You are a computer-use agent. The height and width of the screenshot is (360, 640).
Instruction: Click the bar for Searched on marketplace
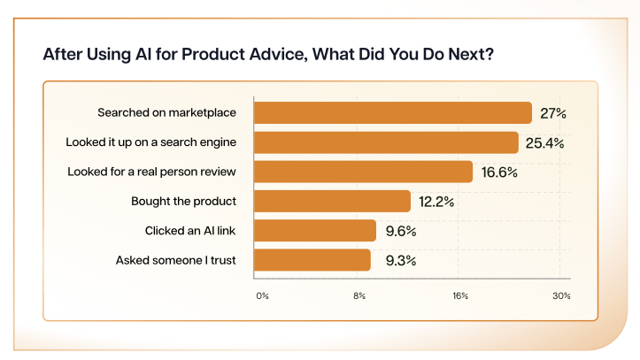point(392,113)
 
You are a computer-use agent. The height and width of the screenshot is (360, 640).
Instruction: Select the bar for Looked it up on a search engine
point(386,142)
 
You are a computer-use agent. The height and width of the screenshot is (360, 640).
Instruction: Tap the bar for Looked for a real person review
point(363,172)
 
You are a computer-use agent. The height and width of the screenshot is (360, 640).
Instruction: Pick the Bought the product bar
point(332,202)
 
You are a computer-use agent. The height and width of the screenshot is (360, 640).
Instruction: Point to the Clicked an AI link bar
point(315,231)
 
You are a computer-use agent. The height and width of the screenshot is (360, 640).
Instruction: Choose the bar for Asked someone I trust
point(312,260)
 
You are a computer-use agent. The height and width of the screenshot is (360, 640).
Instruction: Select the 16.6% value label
point(500,172)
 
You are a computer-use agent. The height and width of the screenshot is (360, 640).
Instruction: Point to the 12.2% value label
point(437,202)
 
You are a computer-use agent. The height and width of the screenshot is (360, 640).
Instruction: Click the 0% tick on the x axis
point(261,295)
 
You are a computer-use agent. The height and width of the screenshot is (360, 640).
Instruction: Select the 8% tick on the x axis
point(360,295)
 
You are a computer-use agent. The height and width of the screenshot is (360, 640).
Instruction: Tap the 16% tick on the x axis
point(460,295)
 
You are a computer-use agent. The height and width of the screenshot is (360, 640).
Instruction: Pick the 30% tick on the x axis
point(561,295)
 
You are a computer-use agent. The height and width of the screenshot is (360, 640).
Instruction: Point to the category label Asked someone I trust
point(182,261)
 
